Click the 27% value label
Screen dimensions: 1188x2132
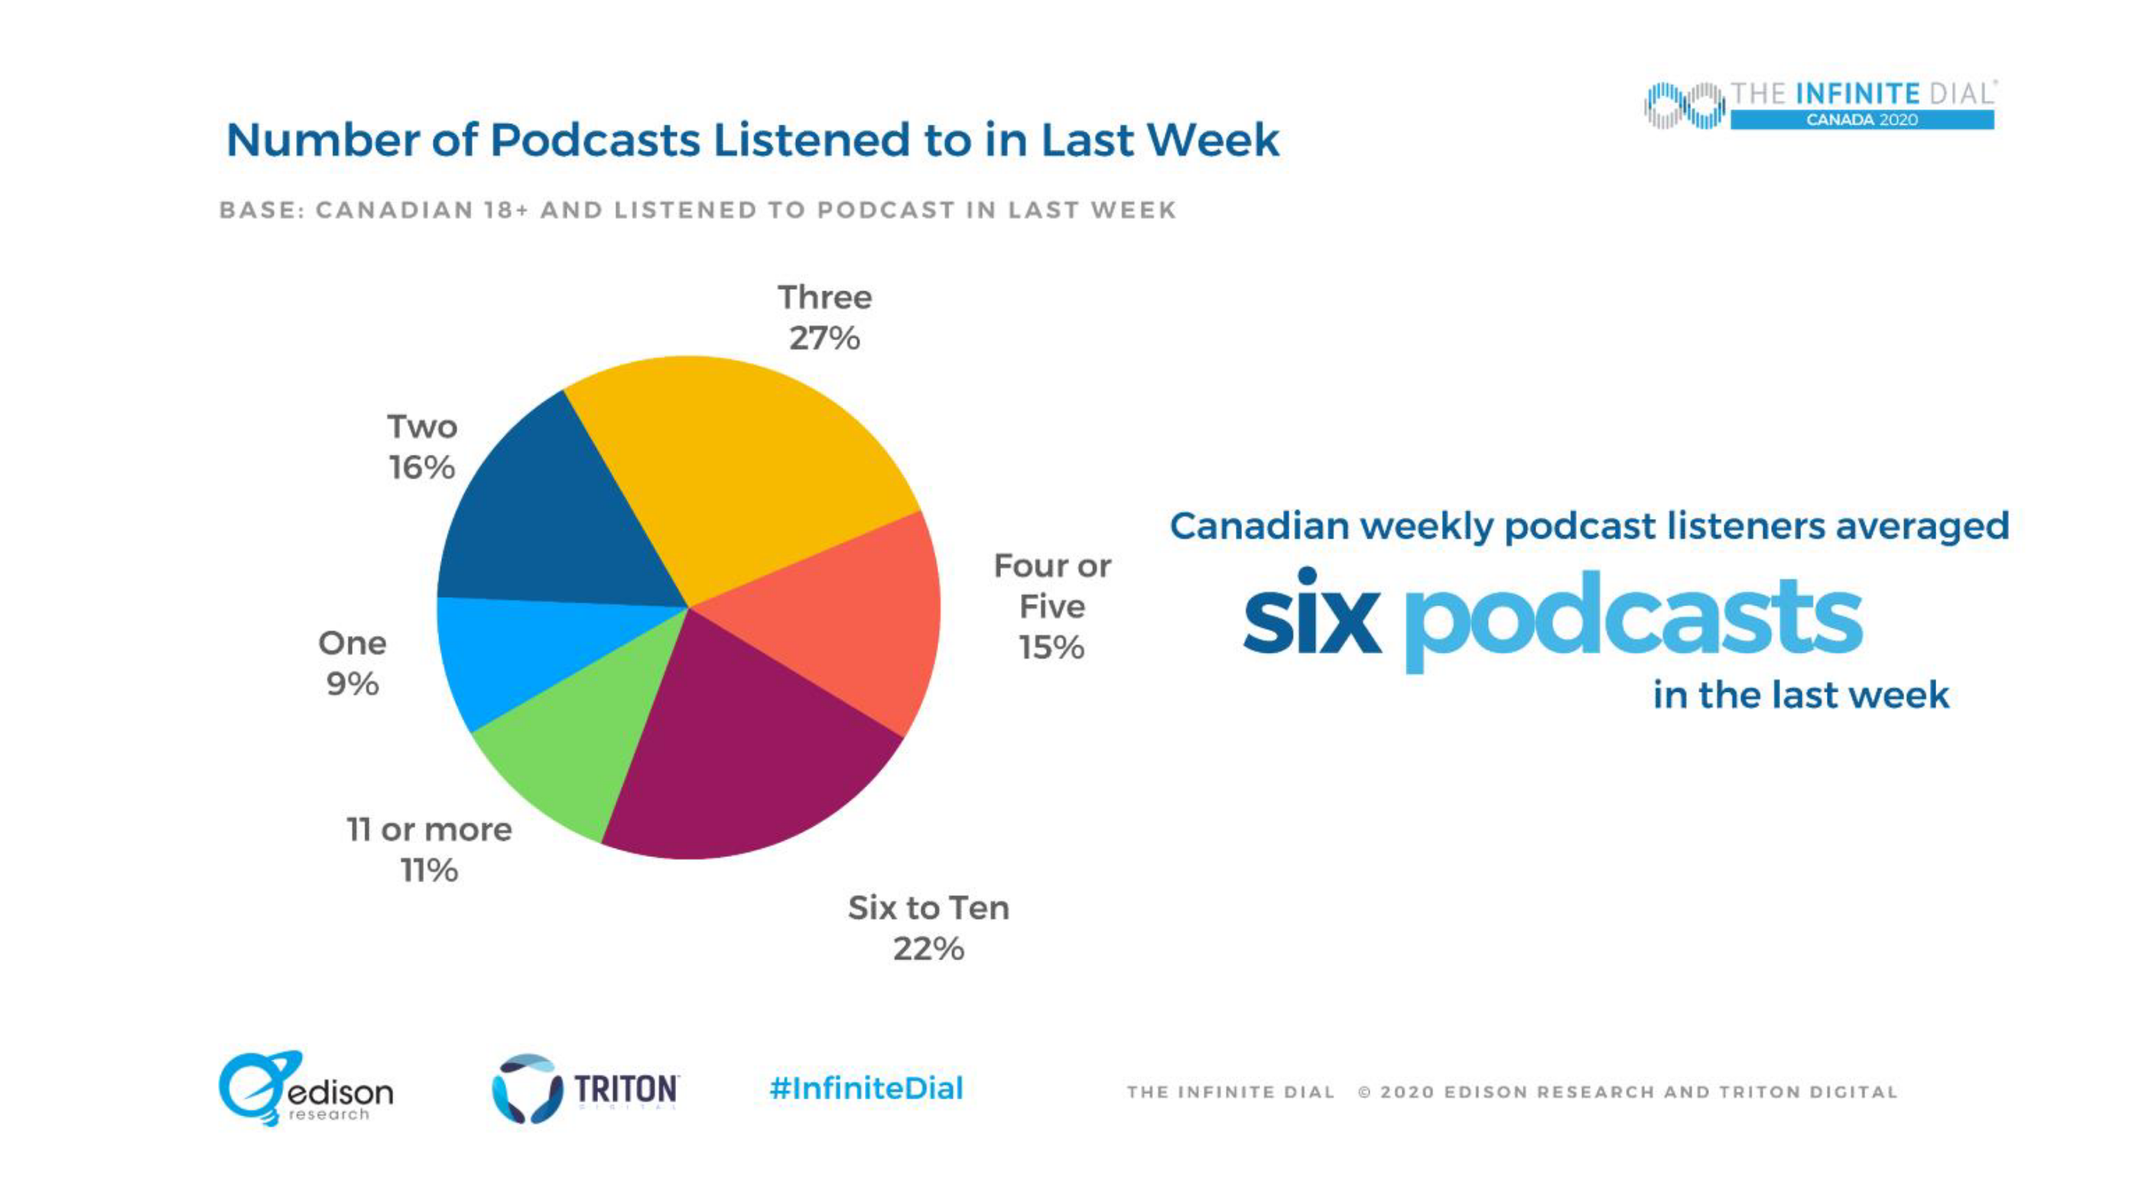(x=824, y=339)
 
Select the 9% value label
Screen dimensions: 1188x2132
(x=353, y=684)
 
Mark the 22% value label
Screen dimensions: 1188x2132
(x=928, y=949)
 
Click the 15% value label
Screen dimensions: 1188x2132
(x=1051, y=648)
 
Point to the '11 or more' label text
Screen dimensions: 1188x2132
(x=430, y=829)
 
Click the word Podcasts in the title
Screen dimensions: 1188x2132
(x=595, y=140)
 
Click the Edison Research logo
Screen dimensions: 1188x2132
(x=305, y=1089)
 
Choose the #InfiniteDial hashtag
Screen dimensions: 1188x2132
(x=866, y=1088)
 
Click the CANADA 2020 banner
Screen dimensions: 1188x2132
(x=1862, y=120)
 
